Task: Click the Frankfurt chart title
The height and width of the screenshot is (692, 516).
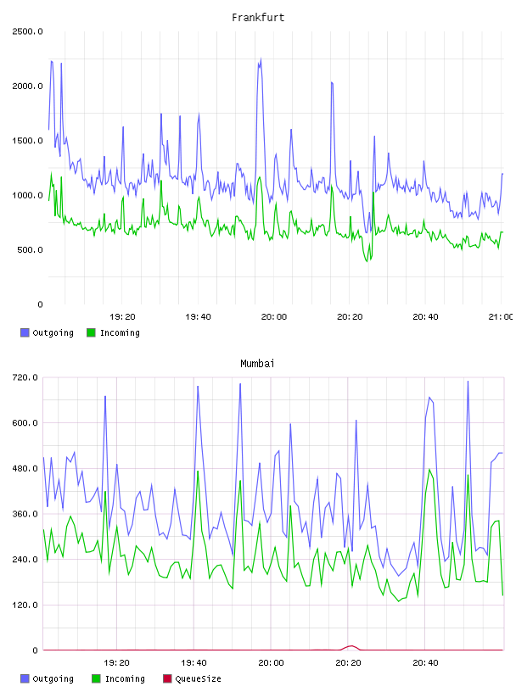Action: (258, 18)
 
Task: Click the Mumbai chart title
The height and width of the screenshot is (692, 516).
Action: (257, 364)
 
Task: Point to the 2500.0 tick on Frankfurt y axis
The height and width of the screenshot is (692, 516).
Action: (27, 31)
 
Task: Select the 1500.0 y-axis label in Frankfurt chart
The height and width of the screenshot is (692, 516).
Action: (27, 141)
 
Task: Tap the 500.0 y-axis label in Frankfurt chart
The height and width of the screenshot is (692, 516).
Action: (30, 250)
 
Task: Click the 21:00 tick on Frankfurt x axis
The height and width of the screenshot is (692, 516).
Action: (501, 316)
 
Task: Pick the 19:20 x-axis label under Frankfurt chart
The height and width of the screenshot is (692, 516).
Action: (122, 316)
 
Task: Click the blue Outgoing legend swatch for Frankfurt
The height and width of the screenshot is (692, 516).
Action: (25, 332)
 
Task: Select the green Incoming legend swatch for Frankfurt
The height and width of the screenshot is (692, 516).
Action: (91, 332)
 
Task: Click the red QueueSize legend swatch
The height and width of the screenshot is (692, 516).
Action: (167, 678)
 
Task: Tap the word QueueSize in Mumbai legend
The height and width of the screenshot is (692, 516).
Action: (198, 678)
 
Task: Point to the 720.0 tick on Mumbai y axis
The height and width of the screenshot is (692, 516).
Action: (25, 377)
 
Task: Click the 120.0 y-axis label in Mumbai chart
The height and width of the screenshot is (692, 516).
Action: (25, 605)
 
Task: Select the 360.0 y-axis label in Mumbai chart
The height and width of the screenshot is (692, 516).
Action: (25, 514)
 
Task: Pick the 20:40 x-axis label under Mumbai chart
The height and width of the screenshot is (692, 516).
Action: (425, 662)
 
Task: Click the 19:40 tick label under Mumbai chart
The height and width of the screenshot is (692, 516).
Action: (194, 662)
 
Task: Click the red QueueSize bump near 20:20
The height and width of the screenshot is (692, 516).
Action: (351, 646)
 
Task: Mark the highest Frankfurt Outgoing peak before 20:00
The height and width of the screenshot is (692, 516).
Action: (261, 59)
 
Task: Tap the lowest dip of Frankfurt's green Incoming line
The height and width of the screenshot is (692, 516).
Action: (367, 261)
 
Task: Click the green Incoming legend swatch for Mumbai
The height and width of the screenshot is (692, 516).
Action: (96, 678)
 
